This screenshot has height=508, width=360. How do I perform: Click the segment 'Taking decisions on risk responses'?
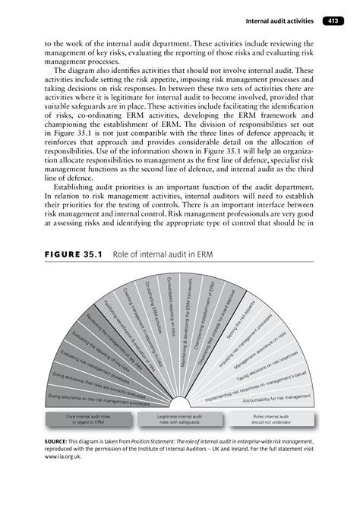pyautogui.click(x=267, y=364)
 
